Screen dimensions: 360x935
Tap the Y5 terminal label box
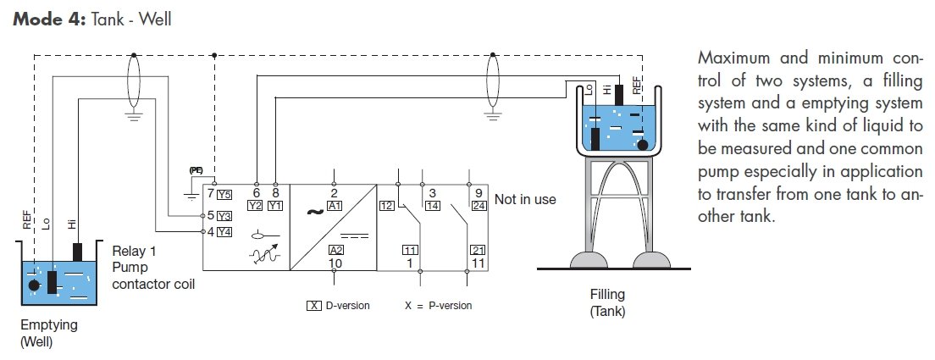coord(224,194)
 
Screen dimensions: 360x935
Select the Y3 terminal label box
coord(224,215)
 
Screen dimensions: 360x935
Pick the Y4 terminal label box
coord(224,231)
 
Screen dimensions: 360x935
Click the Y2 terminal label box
coord(256,205)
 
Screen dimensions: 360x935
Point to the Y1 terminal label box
coord(276,205)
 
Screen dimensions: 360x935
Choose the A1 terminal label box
coord(335,205)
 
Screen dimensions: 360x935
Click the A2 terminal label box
coord(335,250)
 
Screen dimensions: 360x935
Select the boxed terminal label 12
coord(387,205)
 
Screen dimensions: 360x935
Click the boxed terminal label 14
coord(432,205)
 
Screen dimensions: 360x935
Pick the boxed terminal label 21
coord(477,250)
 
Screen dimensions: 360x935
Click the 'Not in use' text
coord(525,199)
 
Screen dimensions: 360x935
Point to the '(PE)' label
coord(196,170)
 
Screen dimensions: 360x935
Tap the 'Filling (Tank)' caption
coord(607,302)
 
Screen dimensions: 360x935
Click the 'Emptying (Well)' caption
coord(48,333)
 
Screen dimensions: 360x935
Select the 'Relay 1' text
coord(134,252)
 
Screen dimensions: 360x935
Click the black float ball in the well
coord(34,285)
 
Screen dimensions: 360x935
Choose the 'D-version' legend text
coord(347,305)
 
